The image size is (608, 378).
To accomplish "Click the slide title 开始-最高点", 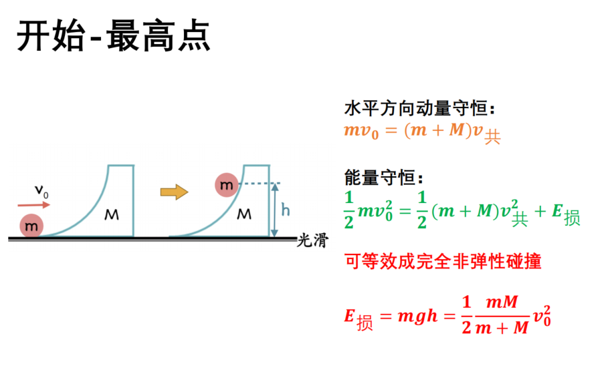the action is click(113, 35).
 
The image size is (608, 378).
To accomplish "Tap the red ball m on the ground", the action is click(31, 226).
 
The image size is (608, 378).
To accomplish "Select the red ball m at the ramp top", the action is click(227, 185).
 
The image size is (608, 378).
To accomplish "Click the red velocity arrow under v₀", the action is click(34, 204).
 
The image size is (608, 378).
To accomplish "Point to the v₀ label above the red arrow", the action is click(41, 191).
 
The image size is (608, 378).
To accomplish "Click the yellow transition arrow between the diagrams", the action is click(174, 192).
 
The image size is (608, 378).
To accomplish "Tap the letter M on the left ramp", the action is click(112, 214).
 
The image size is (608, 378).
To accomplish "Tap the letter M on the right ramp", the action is click(244, 214).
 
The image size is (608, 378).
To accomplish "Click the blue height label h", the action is click(286, 210).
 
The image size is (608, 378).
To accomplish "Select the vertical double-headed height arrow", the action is click(274, 210).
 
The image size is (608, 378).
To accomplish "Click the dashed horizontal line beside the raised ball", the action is click(259, 183).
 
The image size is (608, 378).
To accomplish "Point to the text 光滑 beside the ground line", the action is click(312, 240).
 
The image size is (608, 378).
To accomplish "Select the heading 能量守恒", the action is click(383, 178).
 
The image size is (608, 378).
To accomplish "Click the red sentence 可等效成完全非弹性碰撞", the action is click(443, 261).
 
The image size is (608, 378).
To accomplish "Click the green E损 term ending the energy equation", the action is click(566, 214).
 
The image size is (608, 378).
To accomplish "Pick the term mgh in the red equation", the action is click(417, 317).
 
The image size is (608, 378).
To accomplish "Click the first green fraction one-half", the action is click(349, 210).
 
